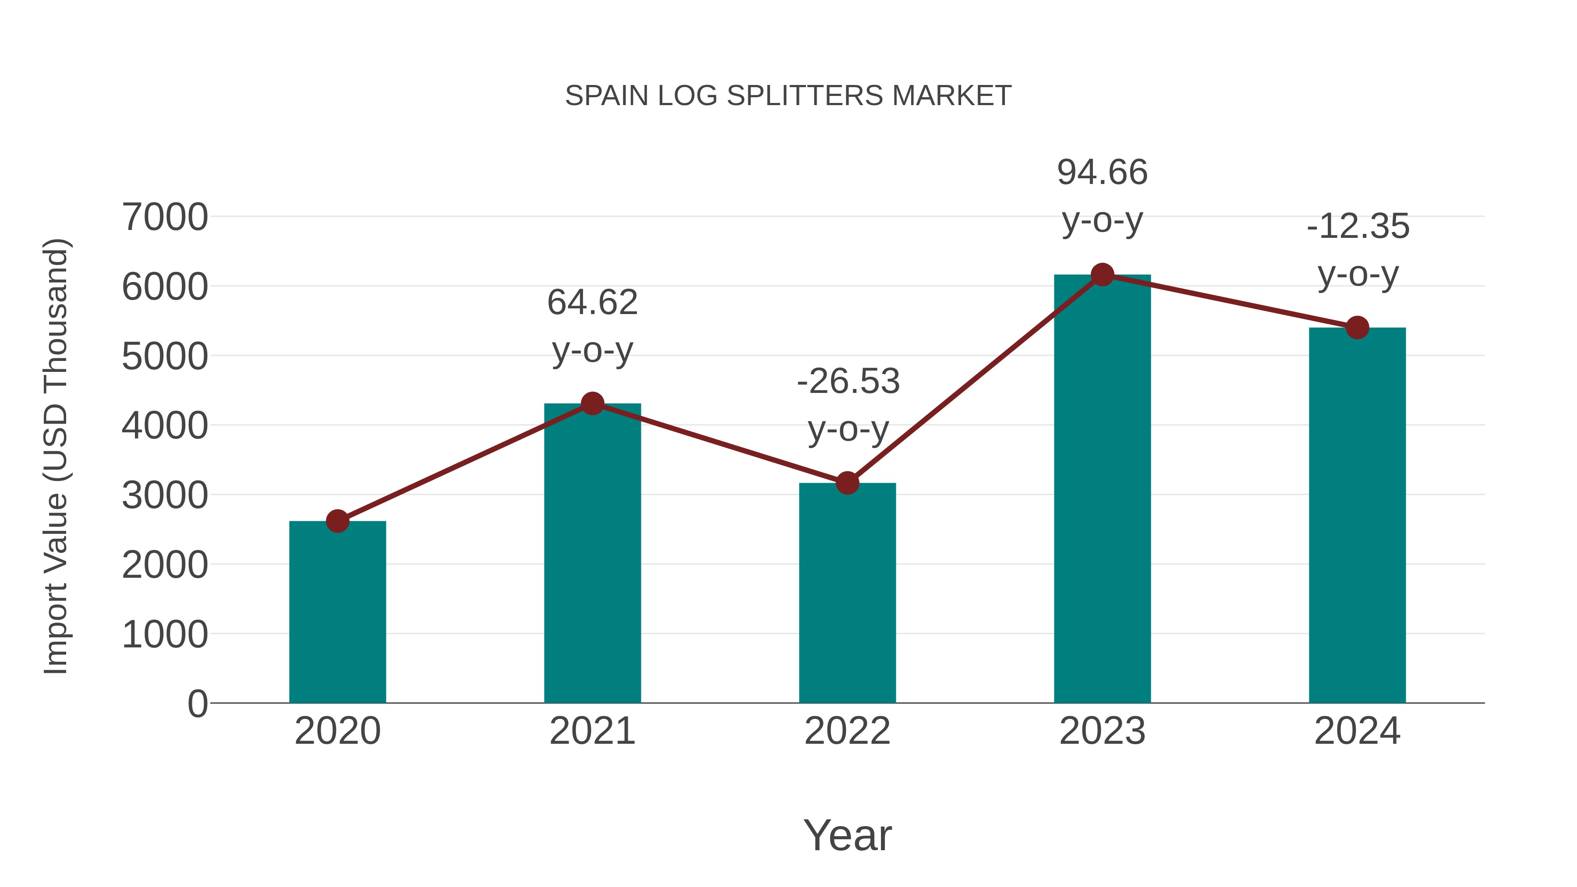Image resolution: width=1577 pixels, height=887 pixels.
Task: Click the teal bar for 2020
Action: click(x=337, y=612)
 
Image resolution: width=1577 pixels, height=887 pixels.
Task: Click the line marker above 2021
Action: click(x=592, y=403)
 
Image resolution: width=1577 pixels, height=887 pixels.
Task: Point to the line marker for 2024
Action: click(x=1357, y=328)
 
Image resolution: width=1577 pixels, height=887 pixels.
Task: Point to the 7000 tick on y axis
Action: click(x=165, y=217)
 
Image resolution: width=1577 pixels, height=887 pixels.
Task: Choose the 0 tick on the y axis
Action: click(x=197, y=703)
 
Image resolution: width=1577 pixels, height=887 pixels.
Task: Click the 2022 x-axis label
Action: click(x=847, y=731)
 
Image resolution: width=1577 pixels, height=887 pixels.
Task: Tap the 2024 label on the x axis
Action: click(x=1357, y=731)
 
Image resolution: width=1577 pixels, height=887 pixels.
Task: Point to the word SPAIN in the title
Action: click(x=606, y=96)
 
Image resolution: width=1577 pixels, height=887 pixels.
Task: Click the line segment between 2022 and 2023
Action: click(x=975, y=379)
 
